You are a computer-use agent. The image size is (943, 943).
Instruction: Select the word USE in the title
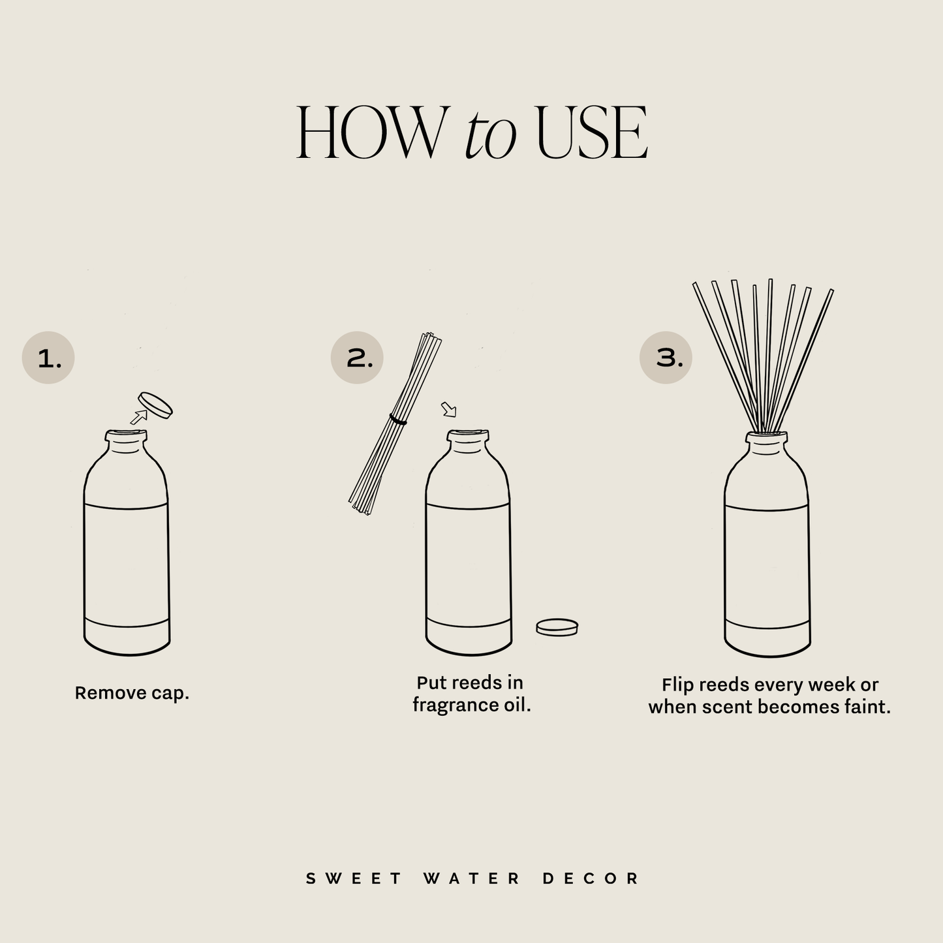click(591, 133)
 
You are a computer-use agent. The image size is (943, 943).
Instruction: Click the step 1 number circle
click(48, 358)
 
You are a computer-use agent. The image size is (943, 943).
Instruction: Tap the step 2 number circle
click(357, 358)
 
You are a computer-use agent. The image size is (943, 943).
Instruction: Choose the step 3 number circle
click(666, 358)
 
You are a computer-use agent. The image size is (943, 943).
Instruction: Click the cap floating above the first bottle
click(155, 405)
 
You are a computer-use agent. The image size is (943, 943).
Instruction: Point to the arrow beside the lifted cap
click(138, 416)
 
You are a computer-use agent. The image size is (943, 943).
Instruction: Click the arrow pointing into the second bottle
click(448, 409)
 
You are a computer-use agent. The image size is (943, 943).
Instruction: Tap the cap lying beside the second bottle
click(557, 627)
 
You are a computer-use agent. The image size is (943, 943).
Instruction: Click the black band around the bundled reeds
click(398, 420)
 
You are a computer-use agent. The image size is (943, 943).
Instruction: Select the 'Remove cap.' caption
click(132, 693)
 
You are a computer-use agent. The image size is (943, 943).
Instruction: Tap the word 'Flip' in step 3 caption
click(677, 685)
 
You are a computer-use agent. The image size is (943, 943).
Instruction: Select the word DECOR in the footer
click(591, 878)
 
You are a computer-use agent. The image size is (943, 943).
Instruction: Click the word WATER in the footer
click(472, 878)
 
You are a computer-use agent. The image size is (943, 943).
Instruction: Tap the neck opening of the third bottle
click(766, 435)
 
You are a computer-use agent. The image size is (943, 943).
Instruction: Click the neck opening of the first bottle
click(127, 433)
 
